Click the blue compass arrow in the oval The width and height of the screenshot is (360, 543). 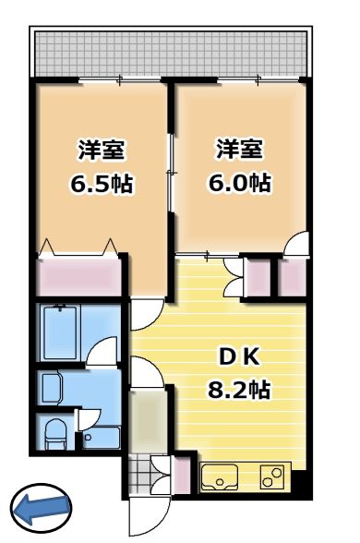tap(41, 505)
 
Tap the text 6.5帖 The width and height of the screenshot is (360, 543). tap(102, 183)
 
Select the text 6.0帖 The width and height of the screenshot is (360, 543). tap(238, 183)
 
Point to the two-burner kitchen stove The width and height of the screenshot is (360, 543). tap(272, 477)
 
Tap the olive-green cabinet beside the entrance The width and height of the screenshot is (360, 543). tap(145, 420)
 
